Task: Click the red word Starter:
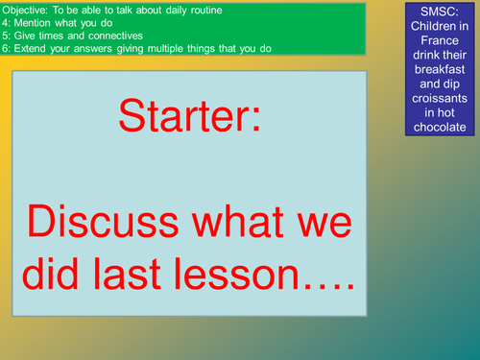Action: tap(190, 115)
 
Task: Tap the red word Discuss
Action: tap(103, 221)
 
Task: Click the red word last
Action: tap(127, 274)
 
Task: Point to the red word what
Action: tap(238, 221)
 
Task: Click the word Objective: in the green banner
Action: tap(25, 11)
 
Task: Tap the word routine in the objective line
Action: tap(206, 11)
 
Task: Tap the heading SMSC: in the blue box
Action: tap(440, 12)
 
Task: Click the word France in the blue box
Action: tap(440, 40)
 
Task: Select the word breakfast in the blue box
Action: tap(440, 69)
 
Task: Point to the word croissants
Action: tap(440, 98)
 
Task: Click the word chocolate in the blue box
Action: tap(440, 127)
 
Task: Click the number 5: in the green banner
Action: tap(6, 36)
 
